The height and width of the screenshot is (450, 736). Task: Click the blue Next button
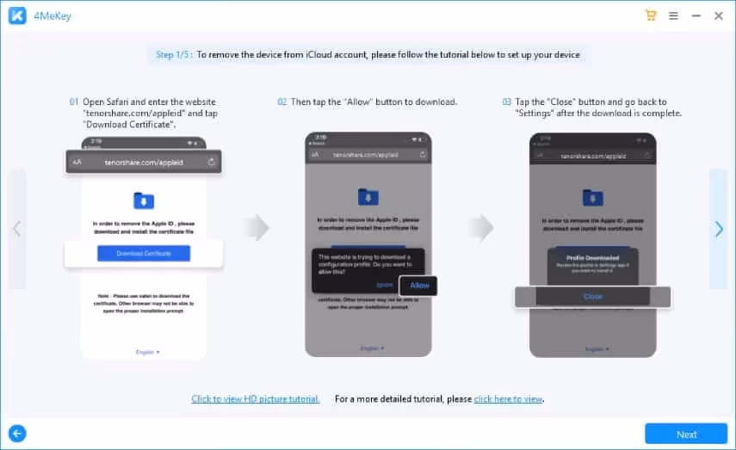coord(686,434)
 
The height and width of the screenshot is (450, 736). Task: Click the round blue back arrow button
coord(16,434)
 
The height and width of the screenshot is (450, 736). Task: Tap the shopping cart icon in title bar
coord(651,15)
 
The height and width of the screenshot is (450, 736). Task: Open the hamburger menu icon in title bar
coord(673,15)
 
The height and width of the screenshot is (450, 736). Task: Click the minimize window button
coord(696,15)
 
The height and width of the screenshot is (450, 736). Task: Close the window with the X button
coord(719,15)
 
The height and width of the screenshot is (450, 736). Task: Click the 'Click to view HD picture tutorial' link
coord(256,398)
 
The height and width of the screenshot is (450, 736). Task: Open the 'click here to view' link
coord(508,398)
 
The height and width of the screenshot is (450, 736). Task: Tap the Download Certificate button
coord(144,253)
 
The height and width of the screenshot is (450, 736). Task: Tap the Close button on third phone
coord(592,296)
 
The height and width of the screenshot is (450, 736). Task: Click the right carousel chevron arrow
coord(719,228)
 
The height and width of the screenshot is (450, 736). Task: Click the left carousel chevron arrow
coord(16,228)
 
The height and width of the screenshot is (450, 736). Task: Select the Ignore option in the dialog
coord(386,285)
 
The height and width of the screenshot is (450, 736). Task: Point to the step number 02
coord(281,102)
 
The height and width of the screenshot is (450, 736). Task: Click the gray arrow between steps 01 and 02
coord(257,228)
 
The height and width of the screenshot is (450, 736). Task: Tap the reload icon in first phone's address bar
coord(211,161)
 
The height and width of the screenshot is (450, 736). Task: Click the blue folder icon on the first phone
coord(144,200)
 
